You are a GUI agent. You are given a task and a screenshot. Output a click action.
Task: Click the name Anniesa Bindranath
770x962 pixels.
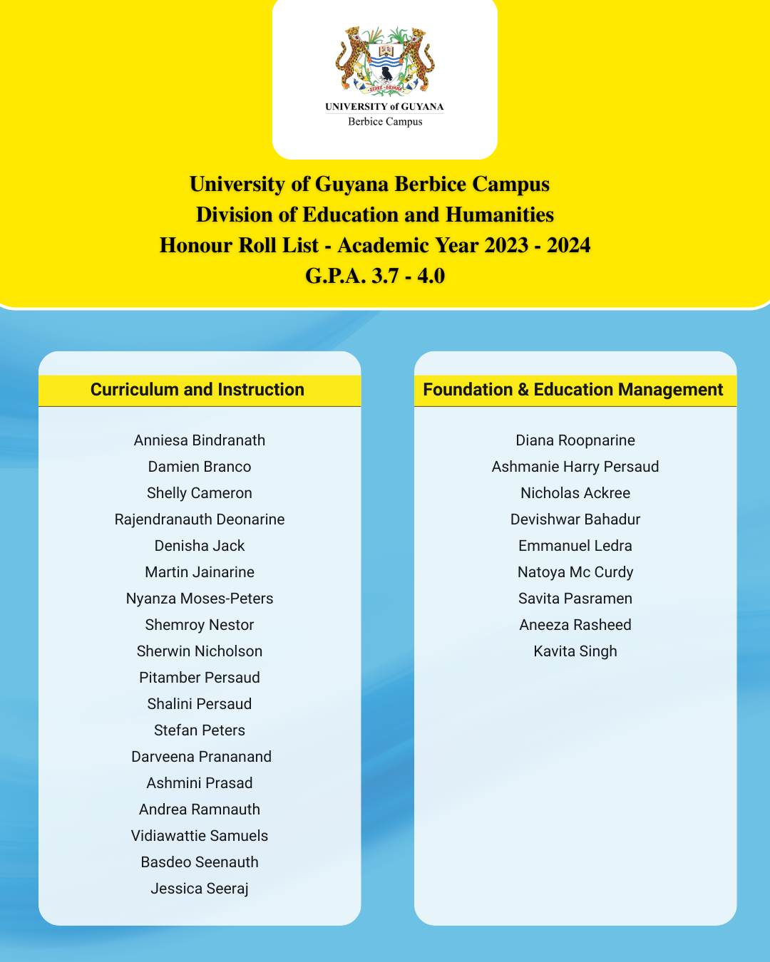[x=200, y=440]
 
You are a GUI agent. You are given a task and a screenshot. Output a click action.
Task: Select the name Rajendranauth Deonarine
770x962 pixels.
[x=200, y=519]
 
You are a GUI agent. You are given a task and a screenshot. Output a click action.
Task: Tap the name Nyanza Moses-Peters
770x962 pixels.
[x=200, y=599]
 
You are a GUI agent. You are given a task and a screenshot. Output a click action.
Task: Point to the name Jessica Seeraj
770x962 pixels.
[x=200, y=889]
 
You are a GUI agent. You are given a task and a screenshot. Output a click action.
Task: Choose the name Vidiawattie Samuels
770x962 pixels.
[x=200, y=836]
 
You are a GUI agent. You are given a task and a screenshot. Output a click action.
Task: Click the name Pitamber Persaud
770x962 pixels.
[x=200, y=678]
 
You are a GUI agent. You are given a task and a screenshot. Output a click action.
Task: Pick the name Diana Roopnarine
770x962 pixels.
[x=575, y=440]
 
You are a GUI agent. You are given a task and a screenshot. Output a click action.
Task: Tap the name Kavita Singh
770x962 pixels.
[x=575, y=651]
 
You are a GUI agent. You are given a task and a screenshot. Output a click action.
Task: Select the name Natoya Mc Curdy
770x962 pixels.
[x=575, y=572]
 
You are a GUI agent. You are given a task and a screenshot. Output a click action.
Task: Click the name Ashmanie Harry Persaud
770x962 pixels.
[x=575, y=467]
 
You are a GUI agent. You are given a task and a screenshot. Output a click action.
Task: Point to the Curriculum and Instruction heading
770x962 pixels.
[x=197, y=390]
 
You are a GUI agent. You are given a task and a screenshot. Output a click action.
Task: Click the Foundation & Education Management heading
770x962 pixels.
[x=573, y=390]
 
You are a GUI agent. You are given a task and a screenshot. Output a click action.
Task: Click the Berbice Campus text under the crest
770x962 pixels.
[x=385, y=122]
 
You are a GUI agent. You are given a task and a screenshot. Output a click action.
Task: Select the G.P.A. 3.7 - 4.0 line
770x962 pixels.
[x=375, y=276]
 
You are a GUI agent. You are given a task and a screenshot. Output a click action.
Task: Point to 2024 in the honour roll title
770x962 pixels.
[x=569, y=245]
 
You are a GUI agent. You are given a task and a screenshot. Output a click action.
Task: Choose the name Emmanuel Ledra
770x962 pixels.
[x=575, y=546]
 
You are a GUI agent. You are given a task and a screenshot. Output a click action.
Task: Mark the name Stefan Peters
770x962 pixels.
[x=200, y=730]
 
